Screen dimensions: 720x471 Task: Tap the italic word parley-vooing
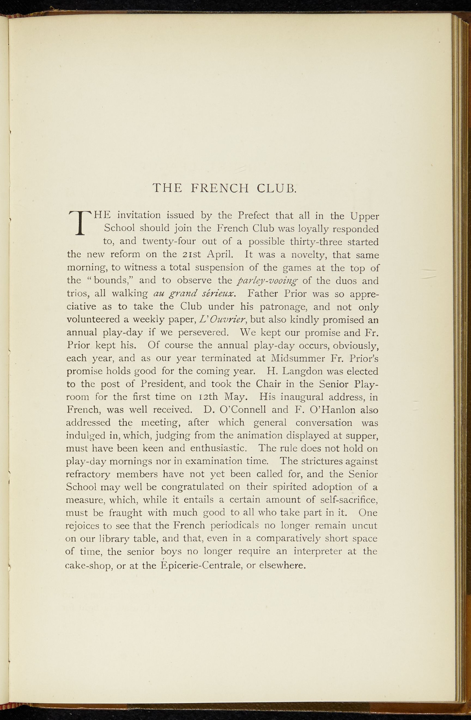point(268,281)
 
